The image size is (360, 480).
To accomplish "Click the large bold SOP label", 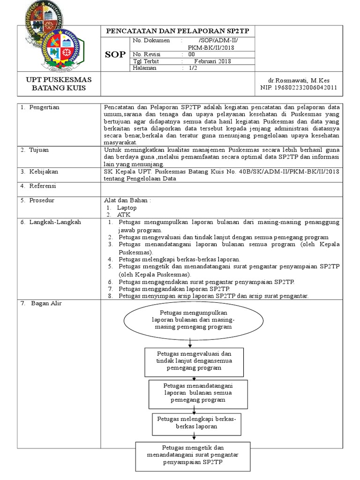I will click(x=116, y=54).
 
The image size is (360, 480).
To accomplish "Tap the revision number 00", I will click(x=191, y=54).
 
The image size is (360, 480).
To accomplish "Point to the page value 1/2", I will click(x=193, y=68).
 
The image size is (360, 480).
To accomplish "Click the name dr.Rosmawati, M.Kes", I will click(x=302, y=81).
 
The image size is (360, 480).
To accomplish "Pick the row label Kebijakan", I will click(x=42, y=172).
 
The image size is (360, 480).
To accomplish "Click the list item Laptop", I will click(x=127, y=207).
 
